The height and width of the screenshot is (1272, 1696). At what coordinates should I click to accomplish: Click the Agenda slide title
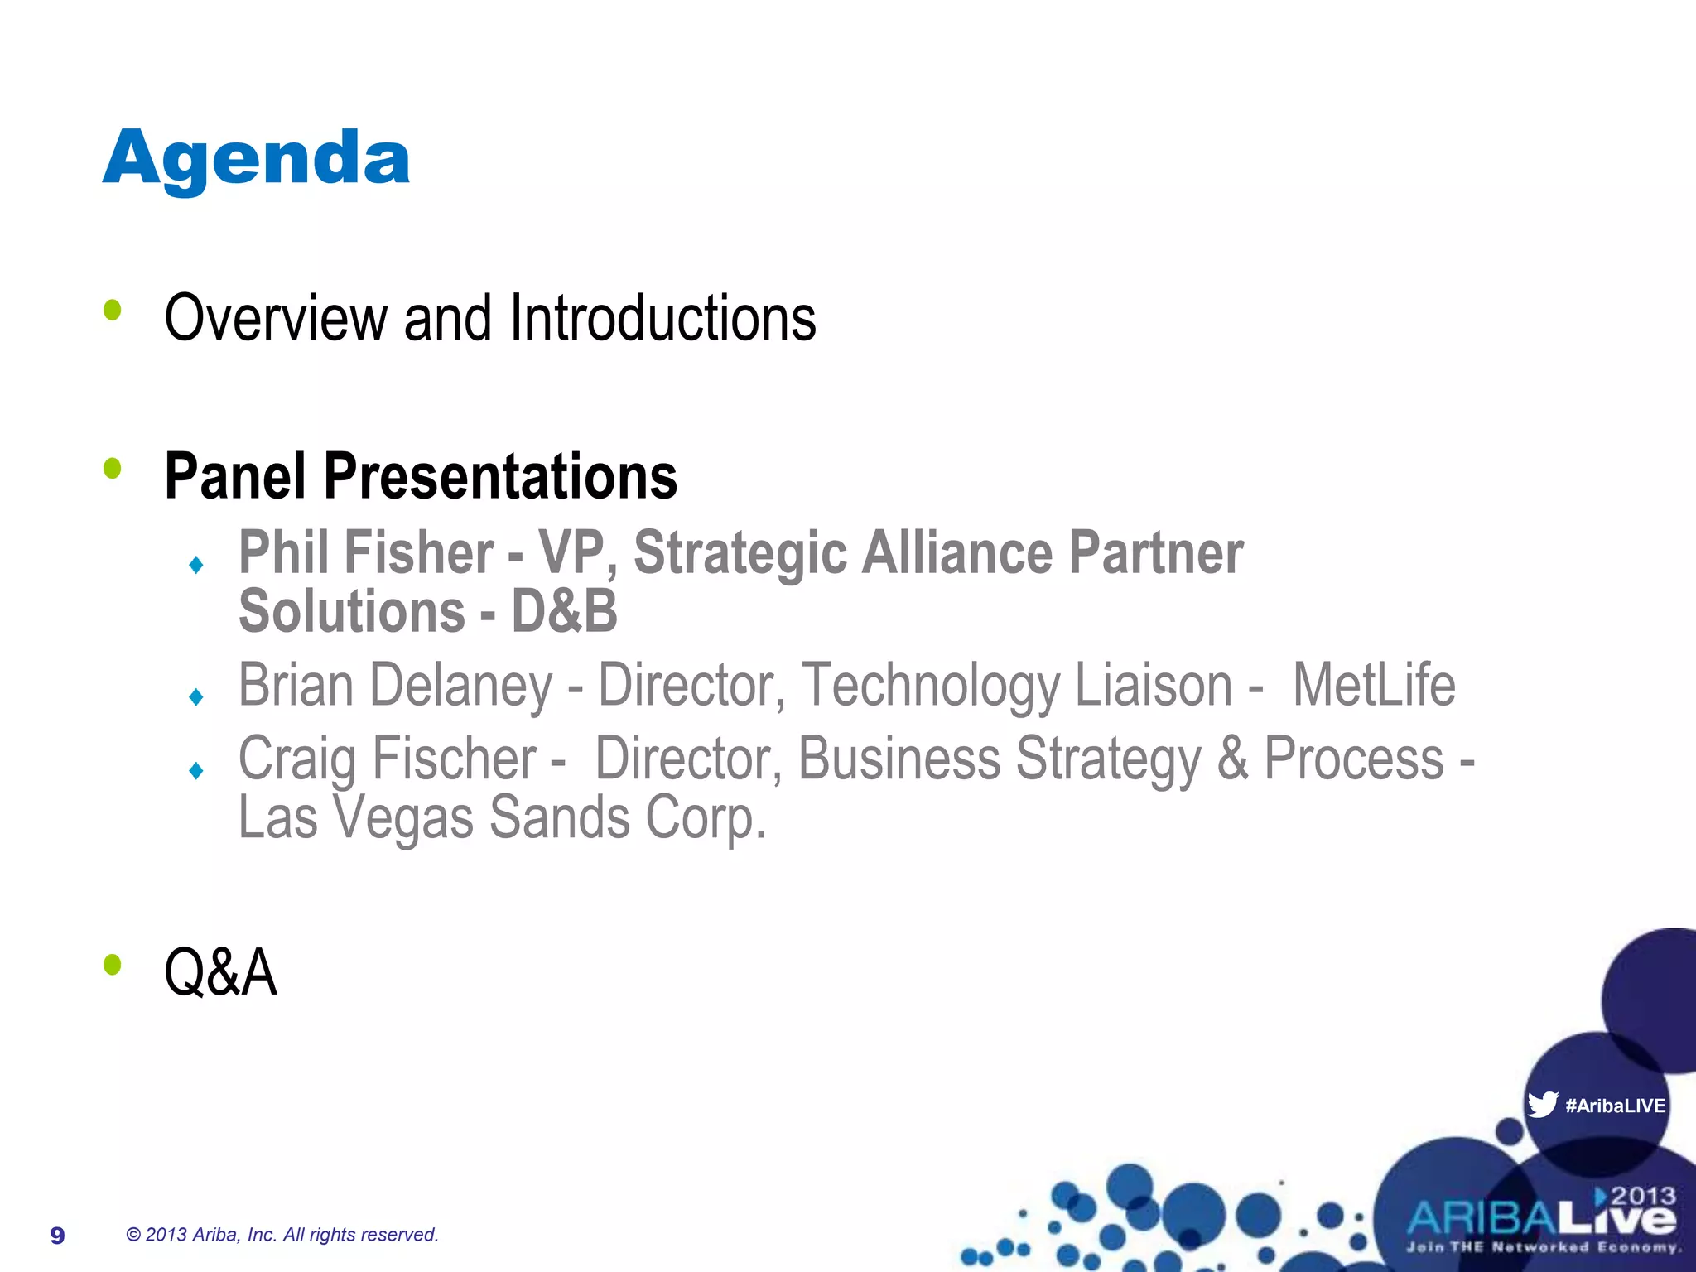[256, 160]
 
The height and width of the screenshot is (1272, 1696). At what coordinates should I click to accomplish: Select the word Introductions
[662, 318]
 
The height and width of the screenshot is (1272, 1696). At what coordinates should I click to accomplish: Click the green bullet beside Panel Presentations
[113, 470]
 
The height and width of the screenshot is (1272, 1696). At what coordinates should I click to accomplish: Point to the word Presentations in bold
[500, 477]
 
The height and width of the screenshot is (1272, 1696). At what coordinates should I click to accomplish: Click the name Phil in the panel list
[282, 553]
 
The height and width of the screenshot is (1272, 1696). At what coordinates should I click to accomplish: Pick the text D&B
[564, 612]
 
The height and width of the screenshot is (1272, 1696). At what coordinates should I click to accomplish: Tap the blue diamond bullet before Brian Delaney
[196, 696]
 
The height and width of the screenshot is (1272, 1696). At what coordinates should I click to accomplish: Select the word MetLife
[1373, 686]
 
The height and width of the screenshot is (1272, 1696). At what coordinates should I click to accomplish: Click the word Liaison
[1154, 686]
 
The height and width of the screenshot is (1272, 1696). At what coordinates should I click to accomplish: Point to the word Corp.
[706, 817]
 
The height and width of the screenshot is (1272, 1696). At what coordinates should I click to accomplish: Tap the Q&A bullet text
[220, 972]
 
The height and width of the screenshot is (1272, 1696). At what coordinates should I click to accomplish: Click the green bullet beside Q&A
[113, 965]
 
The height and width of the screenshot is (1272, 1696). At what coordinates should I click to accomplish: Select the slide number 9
[57, 1236]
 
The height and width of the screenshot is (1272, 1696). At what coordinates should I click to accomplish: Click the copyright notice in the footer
[282, 1235]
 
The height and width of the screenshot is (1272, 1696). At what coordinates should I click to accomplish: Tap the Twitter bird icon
[1542, 1104]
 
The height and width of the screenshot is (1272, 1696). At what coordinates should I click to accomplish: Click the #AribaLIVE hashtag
[1615, 1106]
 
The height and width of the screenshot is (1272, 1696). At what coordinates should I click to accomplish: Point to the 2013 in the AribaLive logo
[1643, 1196]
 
